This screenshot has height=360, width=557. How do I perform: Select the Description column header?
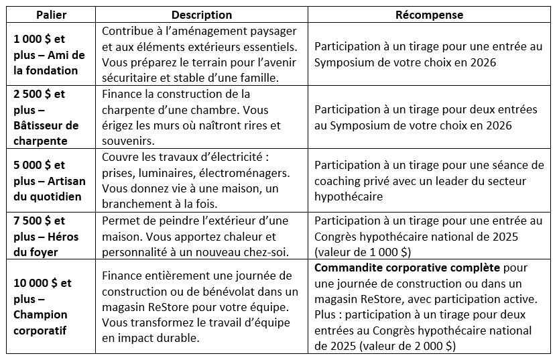tap(202, 15)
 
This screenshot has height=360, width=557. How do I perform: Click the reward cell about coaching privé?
tap(429, 181)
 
